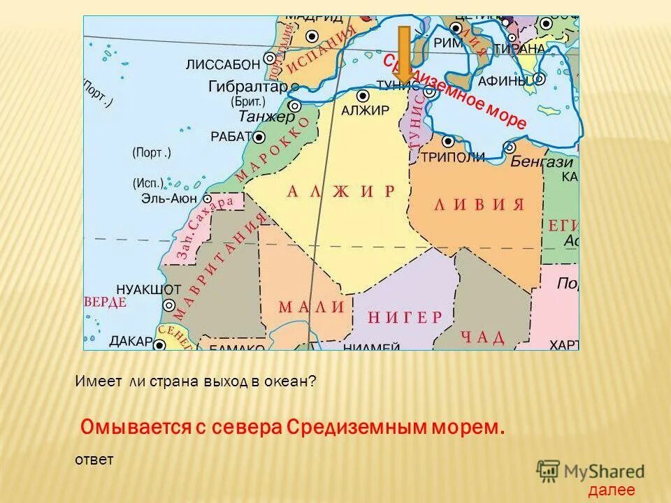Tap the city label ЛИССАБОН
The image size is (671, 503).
pyautogui.click(x=223, y=65)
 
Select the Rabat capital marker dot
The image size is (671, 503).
pyautogui.click(x=259, y=137)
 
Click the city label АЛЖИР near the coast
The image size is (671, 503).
pyautogui.click(x=364, y=110)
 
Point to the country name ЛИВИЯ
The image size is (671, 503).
pyautogui.click(x=479, y=205)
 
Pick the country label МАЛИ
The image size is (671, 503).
pyautogui.click(x=312, y=307)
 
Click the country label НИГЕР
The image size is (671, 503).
pyautogui.click(x=405, y=316)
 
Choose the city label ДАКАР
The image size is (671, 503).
pyautogui.click(x=131, y=341)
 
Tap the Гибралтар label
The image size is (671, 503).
pyautogui.click(x=248, y=87)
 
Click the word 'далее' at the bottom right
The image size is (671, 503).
pyautogui.click(x=612, y=490)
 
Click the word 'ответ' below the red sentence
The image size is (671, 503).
pyautogui.click(x=93, y=459)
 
